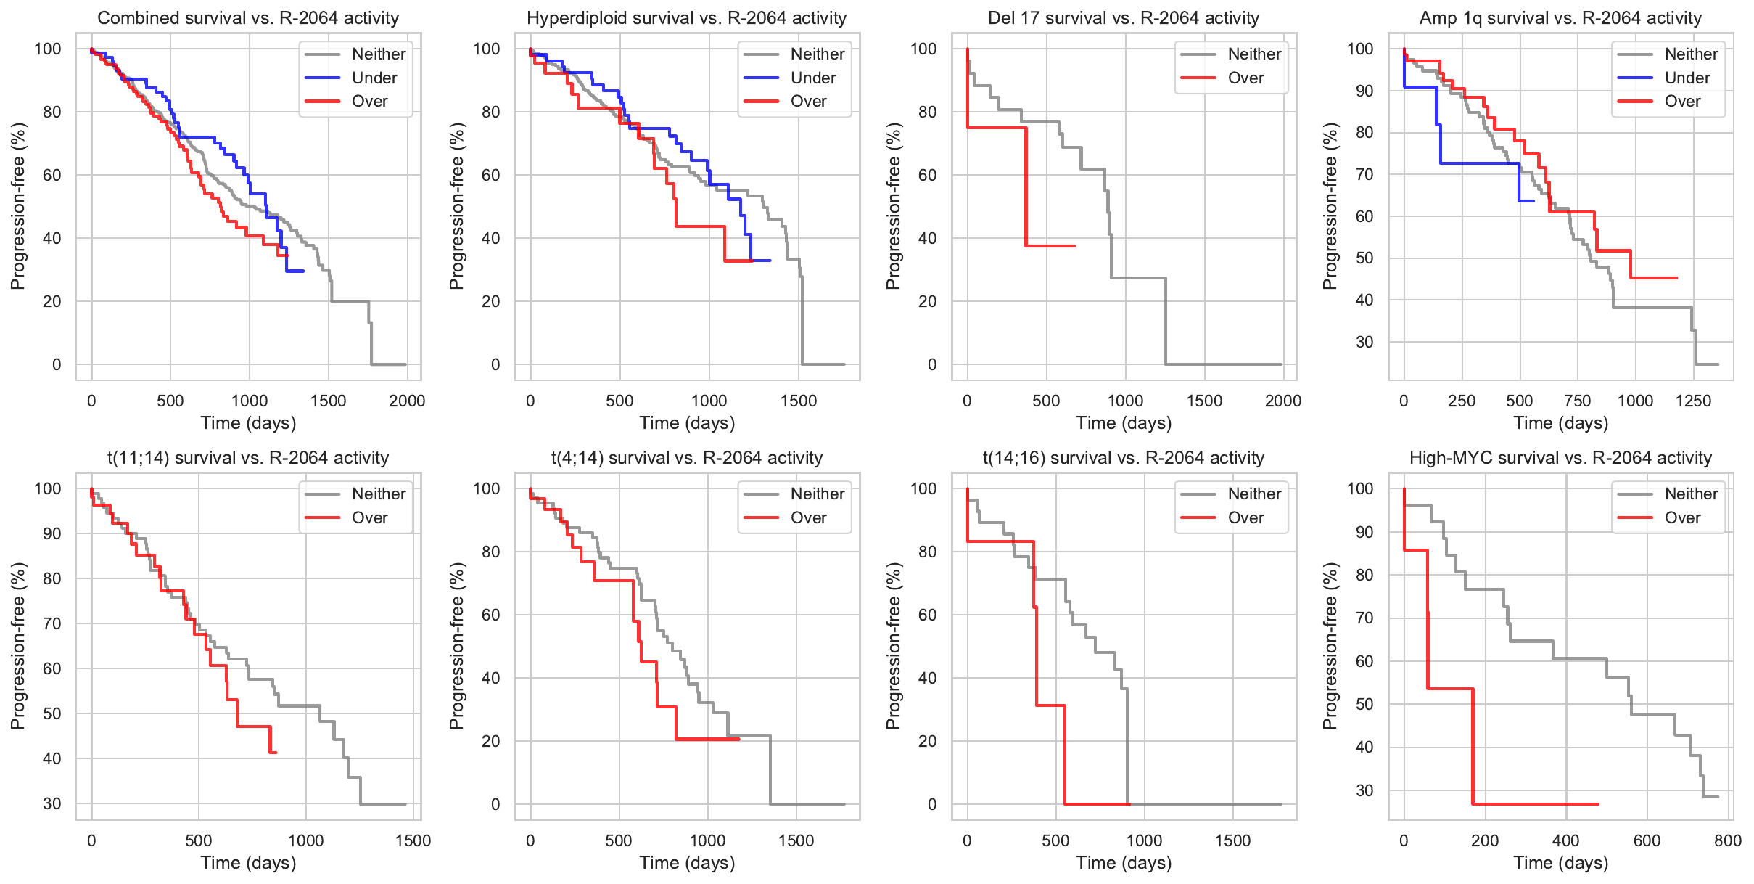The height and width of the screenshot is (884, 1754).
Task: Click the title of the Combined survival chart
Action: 248,18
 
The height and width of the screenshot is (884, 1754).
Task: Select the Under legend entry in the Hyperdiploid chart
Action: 812,78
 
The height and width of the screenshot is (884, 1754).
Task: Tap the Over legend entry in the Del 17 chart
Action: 1245,78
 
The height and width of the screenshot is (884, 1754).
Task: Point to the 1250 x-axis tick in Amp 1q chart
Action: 1693,401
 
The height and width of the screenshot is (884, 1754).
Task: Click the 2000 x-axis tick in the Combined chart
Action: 407,401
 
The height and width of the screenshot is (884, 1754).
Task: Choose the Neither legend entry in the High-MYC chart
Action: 1691,494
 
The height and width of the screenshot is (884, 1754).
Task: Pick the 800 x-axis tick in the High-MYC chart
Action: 1728,840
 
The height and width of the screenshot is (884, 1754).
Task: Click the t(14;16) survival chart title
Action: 1123,458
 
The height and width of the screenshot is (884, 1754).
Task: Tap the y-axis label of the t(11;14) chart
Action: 18,646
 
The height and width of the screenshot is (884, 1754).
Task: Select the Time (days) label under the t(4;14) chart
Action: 687,862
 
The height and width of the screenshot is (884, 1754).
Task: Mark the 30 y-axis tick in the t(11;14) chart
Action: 52,803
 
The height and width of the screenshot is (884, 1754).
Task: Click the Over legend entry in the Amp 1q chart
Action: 1682,102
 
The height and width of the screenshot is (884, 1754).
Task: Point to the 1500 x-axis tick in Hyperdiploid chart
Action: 799,401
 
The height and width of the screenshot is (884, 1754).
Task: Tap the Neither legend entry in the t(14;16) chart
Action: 1254,494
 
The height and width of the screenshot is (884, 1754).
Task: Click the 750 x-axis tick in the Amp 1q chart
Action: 1577,401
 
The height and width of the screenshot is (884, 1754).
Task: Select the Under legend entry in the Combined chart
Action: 374,78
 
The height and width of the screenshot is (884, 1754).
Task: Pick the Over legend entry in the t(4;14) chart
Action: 808,517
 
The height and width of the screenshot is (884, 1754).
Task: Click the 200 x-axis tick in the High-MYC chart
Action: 1485,840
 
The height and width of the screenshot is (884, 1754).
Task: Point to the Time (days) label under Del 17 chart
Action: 1124,422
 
